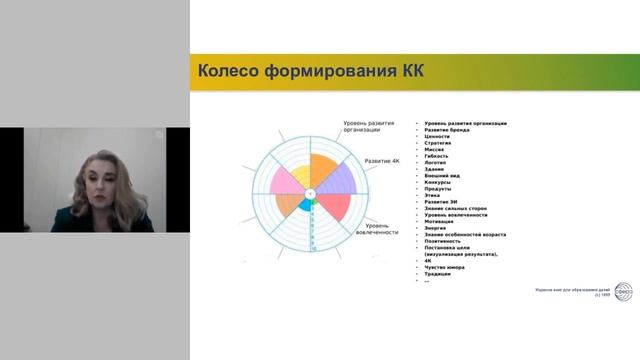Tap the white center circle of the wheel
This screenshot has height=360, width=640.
pos(310,191)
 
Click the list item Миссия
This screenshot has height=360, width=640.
pos(438,149)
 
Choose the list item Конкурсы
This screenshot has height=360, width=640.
pos(441,182)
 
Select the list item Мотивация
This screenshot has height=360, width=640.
pos(443,221)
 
